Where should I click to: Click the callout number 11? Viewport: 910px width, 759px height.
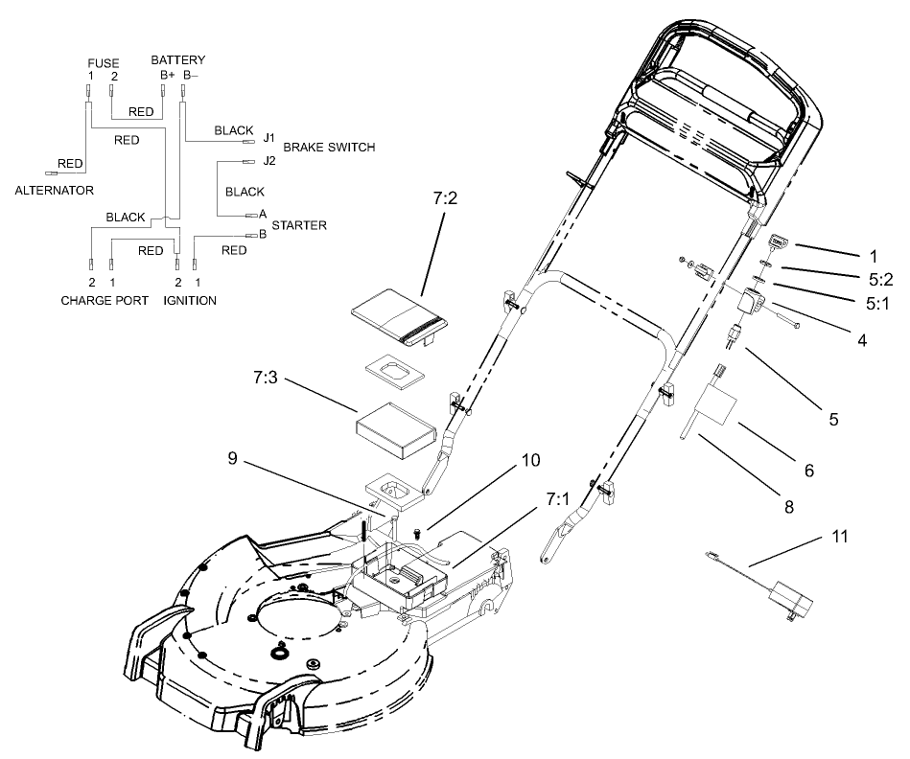click(840, 537)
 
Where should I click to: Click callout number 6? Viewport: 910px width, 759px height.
click(808, 471)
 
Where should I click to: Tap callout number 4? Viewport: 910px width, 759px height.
click(862, 339)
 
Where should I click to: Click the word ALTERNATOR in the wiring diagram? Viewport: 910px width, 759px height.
click(55, 190)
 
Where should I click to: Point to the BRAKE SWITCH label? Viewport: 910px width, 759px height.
click(329, 148)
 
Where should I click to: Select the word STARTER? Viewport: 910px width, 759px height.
click(299, 225)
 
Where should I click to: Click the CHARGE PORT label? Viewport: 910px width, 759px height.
click(105, 300)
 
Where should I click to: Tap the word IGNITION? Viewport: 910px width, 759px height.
click(190, 300)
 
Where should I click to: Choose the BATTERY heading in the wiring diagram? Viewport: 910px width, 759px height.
click(177, 60)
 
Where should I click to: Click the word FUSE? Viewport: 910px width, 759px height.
click(103, 63)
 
